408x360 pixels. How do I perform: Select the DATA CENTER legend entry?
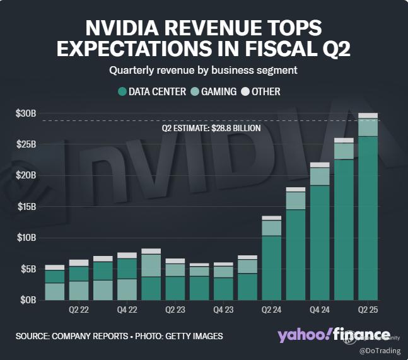coord(152,91)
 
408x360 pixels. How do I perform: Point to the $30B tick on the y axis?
coord(26,113)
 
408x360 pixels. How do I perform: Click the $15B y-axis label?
coord(26,207)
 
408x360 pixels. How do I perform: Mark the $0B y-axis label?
coord(28,300)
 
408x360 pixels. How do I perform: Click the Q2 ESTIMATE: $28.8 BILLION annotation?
coord(211,127)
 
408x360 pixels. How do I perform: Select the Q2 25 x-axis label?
coord(368,310)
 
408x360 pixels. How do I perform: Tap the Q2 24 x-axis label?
coord(271,310)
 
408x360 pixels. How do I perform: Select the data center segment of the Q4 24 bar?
coord(320,243)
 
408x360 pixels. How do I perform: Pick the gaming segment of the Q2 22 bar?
coord(79,290)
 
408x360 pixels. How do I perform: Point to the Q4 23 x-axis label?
coord(223,310)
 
